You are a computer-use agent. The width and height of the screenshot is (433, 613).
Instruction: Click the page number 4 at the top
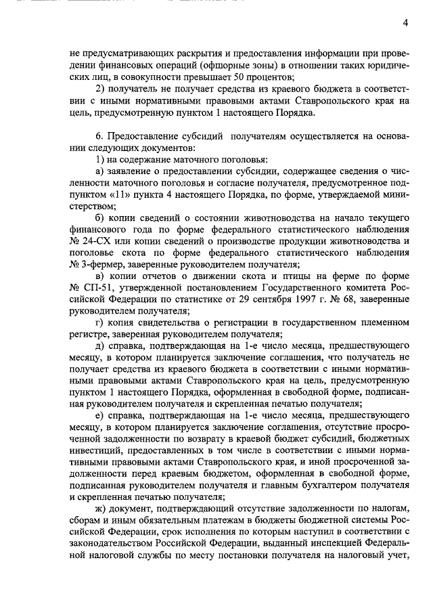(404, 22)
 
